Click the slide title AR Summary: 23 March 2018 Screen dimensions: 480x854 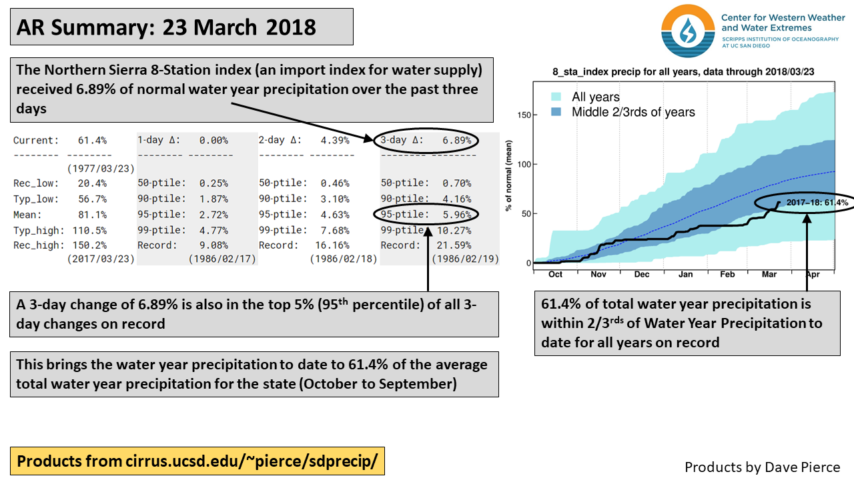pos(166,27)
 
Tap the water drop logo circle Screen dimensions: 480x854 pos(687,31)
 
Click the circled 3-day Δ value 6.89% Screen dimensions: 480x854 pos(457,141)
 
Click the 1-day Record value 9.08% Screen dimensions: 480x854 pos(213,245)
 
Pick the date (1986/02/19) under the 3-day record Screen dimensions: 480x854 pos(465,259)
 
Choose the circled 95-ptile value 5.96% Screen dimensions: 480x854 pos(457,215)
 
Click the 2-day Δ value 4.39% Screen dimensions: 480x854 pos(336,141)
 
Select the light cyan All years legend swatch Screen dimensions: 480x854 pos(556,97)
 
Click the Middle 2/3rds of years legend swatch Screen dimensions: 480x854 pos(556,112)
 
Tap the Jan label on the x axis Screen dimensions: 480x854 pos(685,274)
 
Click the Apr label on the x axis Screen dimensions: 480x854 pos(812,274)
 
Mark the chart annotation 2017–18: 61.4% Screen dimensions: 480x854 pos(817,203)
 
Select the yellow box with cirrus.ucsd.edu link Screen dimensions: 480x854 pos(197,461)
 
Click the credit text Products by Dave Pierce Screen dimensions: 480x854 pos(762,467)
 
